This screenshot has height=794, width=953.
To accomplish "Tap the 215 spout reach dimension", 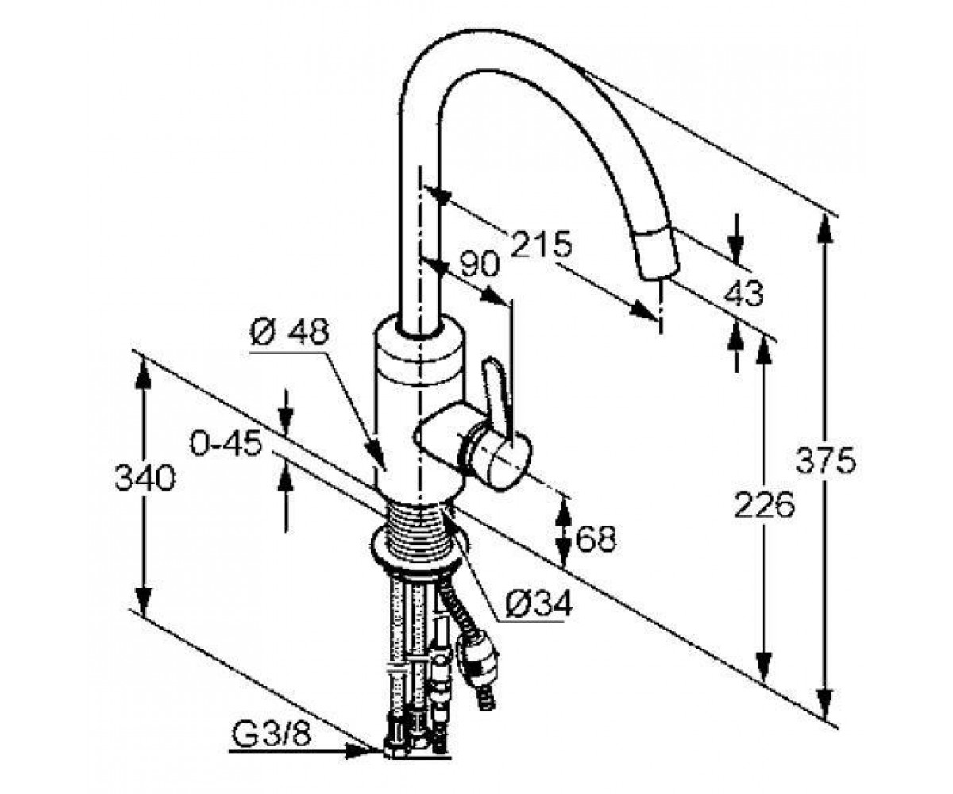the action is (542, 244).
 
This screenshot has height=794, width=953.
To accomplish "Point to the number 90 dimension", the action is (479, 264).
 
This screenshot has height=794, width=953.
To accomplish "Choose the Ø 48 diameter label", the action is (289, 331).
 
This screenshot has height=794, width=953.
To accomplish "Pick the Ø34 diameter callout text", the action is (538, 604).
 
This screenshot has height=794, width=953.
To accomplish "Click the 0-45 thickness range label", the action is (226, 443).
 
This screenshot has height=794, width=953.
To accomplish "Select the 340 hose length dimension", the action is (145, 478).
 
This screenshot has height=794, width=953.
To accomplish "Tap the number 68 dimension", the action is (596, 538).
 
